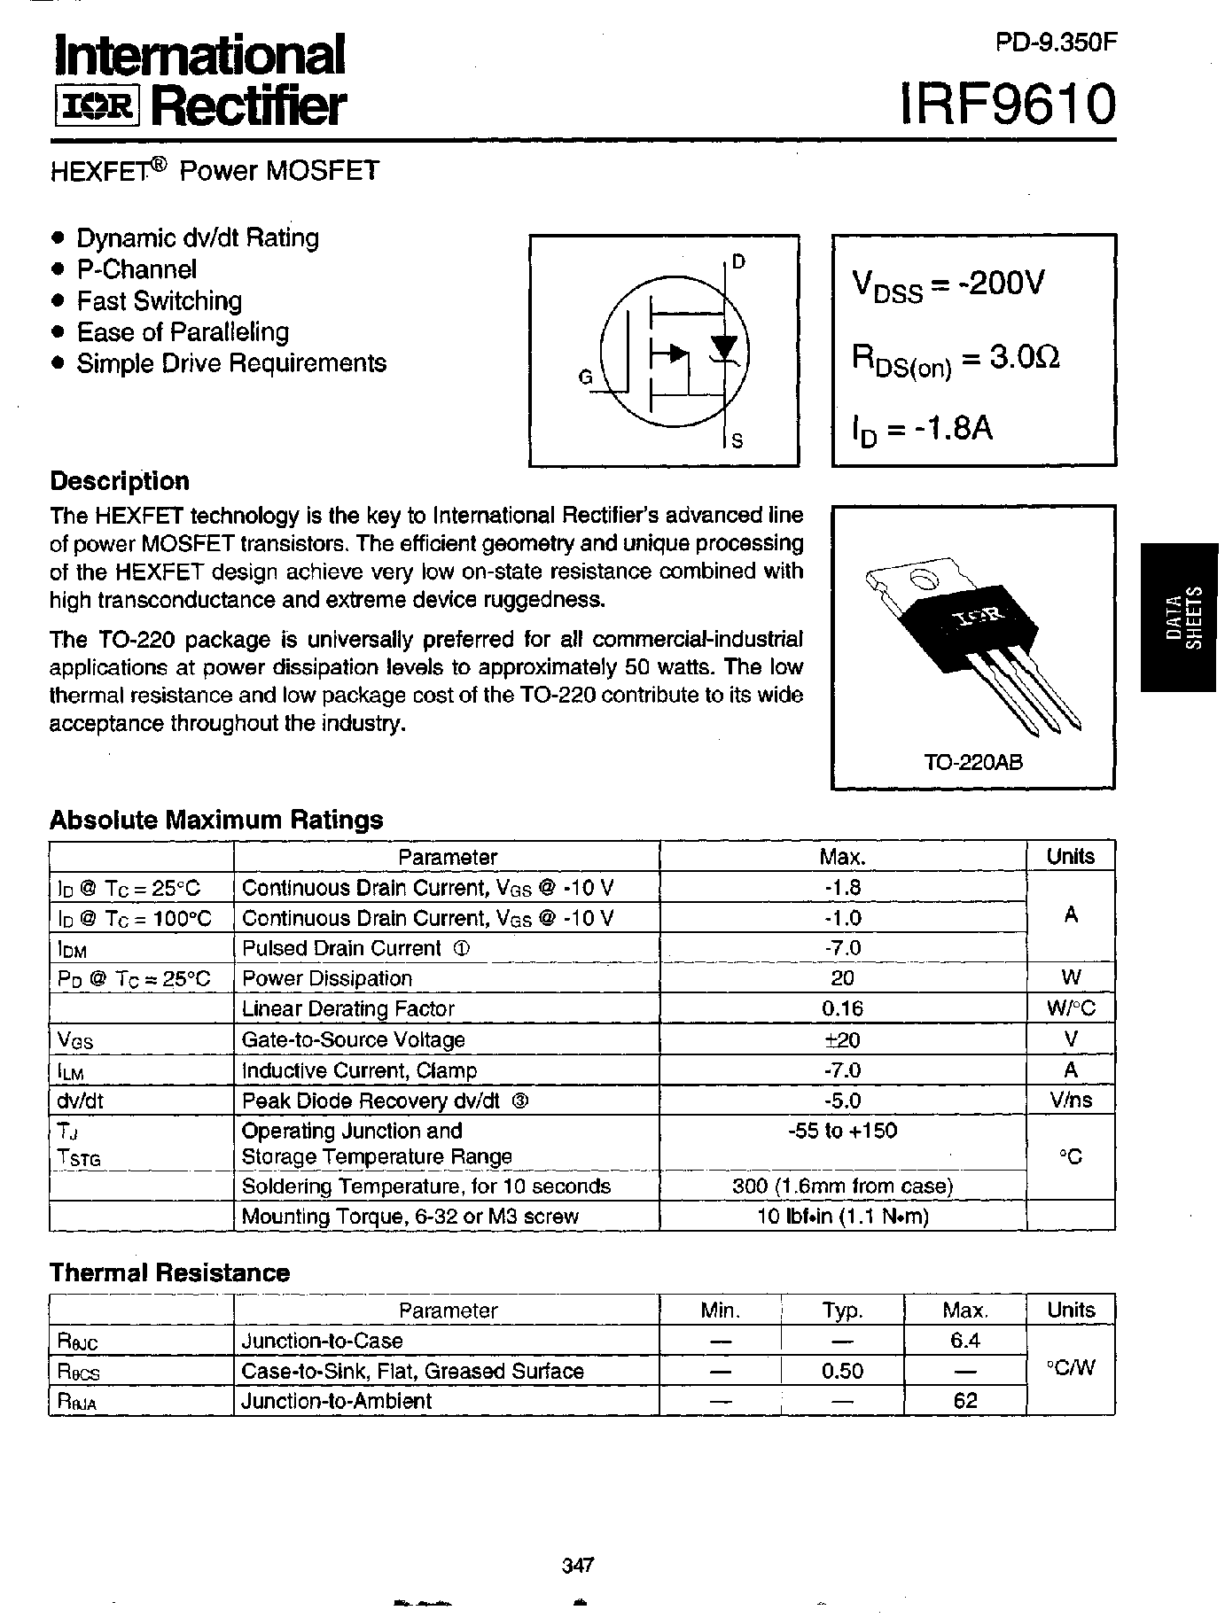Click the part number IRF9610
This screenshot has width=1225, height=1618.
click(x=1007, y=105)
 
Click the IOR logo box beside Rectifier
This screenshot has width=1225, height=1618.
click(x=98, y=108)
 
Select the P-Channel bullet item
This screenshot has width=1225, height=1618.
click(x=136, y=269)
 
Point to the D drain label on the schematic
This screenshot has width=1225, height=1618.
click(x=738, y=261)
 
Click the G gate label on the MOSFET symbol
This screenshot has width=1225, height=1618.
click(x=585, y=377)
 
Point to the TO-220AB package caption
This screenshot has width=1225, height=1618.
click(x=972, y=761)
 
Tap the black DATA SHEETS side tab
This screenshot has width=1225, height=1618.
click(x=1182, y=618)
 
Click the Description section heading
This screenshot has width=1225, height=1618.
click(x=120, y=481)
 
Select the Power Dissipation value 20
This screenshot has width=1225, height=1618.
click(x=842, y=977)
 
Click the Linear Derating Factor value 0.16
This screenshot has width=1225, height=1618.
click(x=842, y=1008)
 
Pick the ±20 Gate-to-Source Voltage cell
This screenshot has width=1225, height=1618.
click(x=842, y=1039)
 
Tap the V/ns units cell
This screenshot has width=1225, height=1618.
click(x=1070, y=1100)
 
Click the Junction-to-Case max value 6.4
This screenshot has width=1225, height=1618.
click(x=964, y=1341)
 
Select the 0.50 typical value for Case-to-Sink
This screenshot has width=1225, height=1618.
click(x=842, y=1371)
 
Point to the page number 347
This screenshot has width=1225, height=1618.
click(x=577, y=1565)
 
